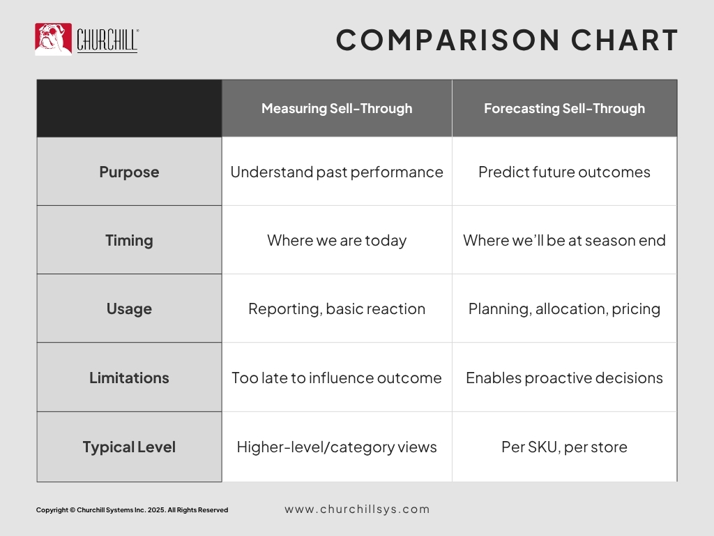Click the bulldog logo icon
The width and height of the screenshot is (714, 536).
pyautogui.click(x=53, y=39)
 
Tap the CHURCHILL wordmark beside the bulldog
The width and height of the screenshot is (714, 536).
pyautogui.click(x=107, y=40)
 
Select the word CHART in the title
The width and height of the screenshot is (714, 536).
pyautogui.click(x=624, y=40)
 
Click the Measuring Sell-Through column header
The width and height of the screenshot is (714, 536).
pyautogui.click(x=337, y=108)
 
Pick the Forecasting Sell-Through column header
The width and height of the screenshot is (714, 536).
pyautogui.click(x=565, y=108)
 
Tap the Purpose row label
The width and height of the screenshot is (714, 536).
pyautogui.click(x=129, y=172)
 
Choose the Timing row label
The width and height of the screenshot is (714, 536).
pyautogui.click(x=129, y=240)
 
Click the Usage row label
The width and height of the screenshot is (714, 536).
pyautogui.click(x=129, y=308)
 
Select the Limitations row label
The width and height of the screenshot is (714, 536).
pyautogui.click(x=129, y=378)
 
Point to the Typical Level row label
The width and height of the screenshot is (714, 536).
pyautogui.click(x=129, y=447)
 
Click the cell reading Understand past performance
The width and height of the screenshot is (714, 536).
pyautogui.click(x=337, y=172)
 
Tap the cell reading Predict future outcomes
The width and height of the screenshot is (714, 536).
pyautogui.click(x=565, y=172)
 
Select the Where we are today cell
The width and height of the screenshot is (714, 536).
pyautogui.click(x=337, y=240)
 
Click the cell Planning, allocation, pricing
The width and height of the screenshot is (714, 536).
pyautogui.click(x=565, y=309)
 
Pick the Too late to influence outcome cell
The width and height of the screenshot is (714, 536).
pyautogui.click(x=337, y=378)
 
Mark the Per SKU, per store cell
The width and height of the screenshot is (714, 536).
pyautogui.click(x=565, y=447)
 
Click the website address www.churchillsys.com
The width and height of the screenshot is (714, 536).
pyautogui.click(x=358, y=509)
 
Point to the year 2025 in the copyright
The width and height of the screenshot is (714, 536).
pyautogui.click(x=155, y=510)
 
